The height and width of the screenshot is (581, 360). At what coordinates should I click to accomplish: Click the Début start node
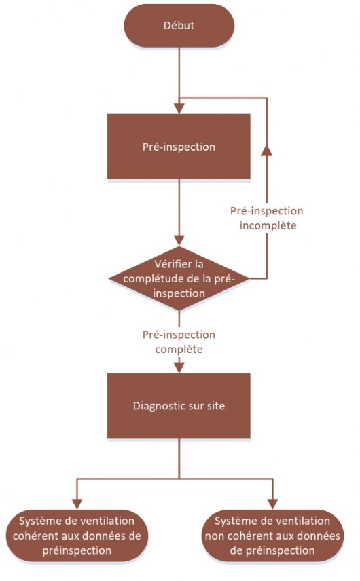(x=179, y=26)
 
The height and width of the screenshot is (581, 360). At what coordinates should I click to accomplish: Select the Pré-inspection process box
(x=179, y=147)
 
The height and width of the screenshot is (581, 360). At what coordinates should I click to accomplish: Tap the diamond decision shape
(x=179, y=278)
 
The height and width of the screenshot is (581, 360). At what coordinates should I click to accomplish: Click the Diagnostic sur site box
(x=179, y=406)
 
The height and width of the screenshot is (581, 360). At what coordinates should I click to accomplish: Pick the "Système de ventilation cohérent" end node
(x=77, y=536)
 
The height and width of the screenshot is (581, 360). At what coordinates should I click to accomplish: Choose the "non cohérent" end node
(x=272, y=536)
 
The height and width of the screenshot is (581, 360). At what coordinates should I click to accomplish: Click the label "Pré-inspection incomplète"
(x=267, y=219)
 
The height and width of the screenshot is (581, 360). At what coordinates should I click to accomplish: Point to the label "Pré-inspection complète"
(x=179, y=342)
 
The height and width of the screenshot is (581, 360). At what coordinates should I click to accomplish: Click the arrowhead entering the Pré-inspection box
(x=179, y=109)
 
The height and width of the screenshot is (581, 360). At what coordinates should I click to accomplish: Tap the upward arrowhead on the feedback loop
(x=266, y=151)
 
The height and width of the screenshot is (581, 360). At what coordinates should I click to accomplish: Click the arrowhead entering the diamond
(x=179, y=241)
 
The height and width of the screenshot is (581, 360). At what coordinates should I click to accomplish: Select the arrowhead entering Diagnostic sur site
(x=179, y=368)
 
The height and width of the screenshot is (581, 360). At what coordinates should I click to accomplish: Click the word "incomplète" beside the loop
(x=268, y=225)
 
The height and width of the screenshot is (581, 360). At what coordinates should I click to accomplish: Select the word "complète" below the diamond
(x=179, y=350)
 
